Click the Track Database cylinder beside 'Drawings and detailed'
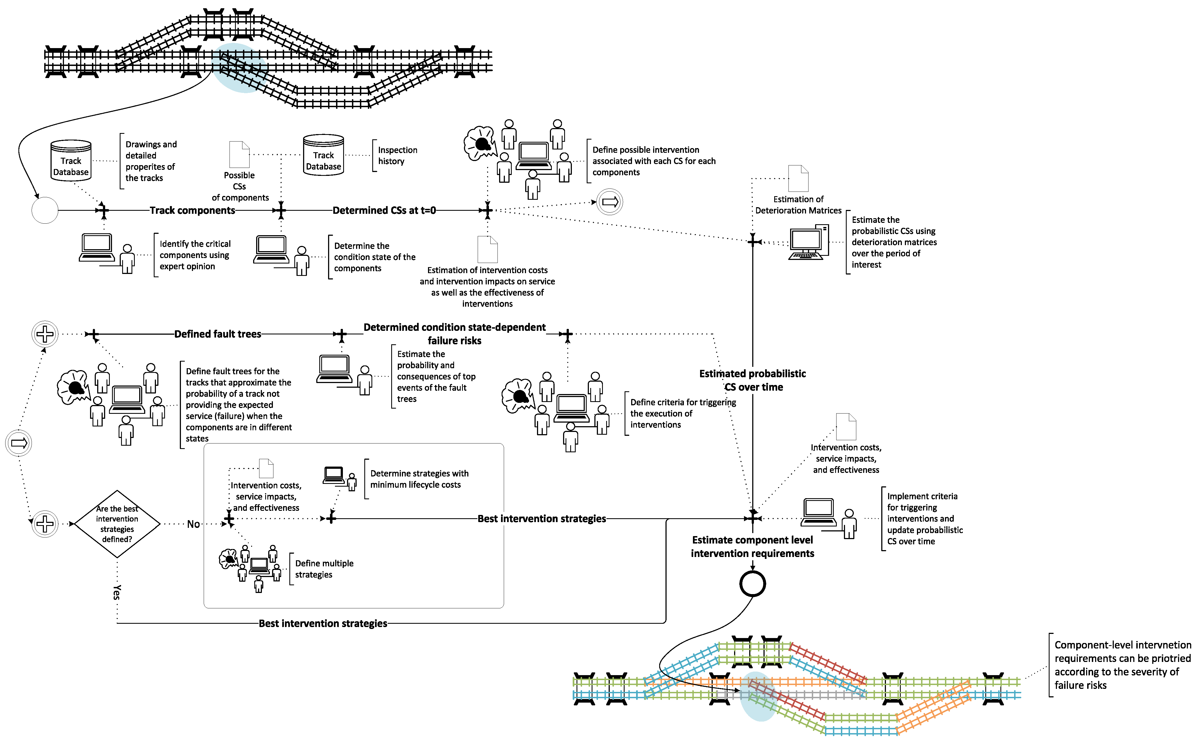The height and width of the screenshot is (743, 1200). click(71, 160)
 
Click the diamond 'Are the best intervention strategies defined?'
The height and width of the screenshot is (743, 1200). click(117, 524)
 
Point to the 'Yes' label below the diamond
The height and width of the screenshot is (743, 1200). click(117, 592)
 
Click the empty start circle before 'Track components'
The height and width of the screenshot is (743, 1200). click(45, 210)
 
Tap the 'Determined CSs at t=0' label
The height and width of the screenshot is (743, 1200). click(384, 210)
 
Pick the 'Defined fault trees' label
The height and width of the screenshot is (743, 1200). click(217, 334)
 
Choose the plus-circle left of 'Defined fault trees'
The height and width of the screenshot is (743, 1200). click(45, 334)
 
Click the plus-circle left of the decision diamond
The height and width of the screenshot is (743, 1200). click(45, 524)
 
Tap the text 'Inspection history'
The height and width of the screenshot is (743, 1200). click(397, 155)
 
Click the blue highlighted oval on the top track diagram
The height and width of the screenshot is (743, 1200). click(240, 68)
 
